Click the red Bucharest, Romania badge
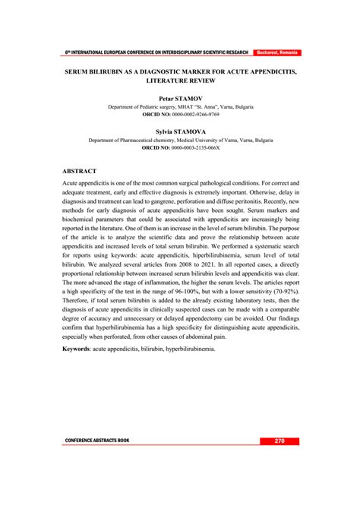pyautogui.click(x=277, y=52)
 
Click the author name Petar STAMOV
pyautogui.click(x=180, y=99)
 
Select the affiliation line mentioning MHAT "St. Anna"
pyautogui.click(x=180, y=107)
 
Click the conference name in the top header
pyautogui.click(x=156, y=52)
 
